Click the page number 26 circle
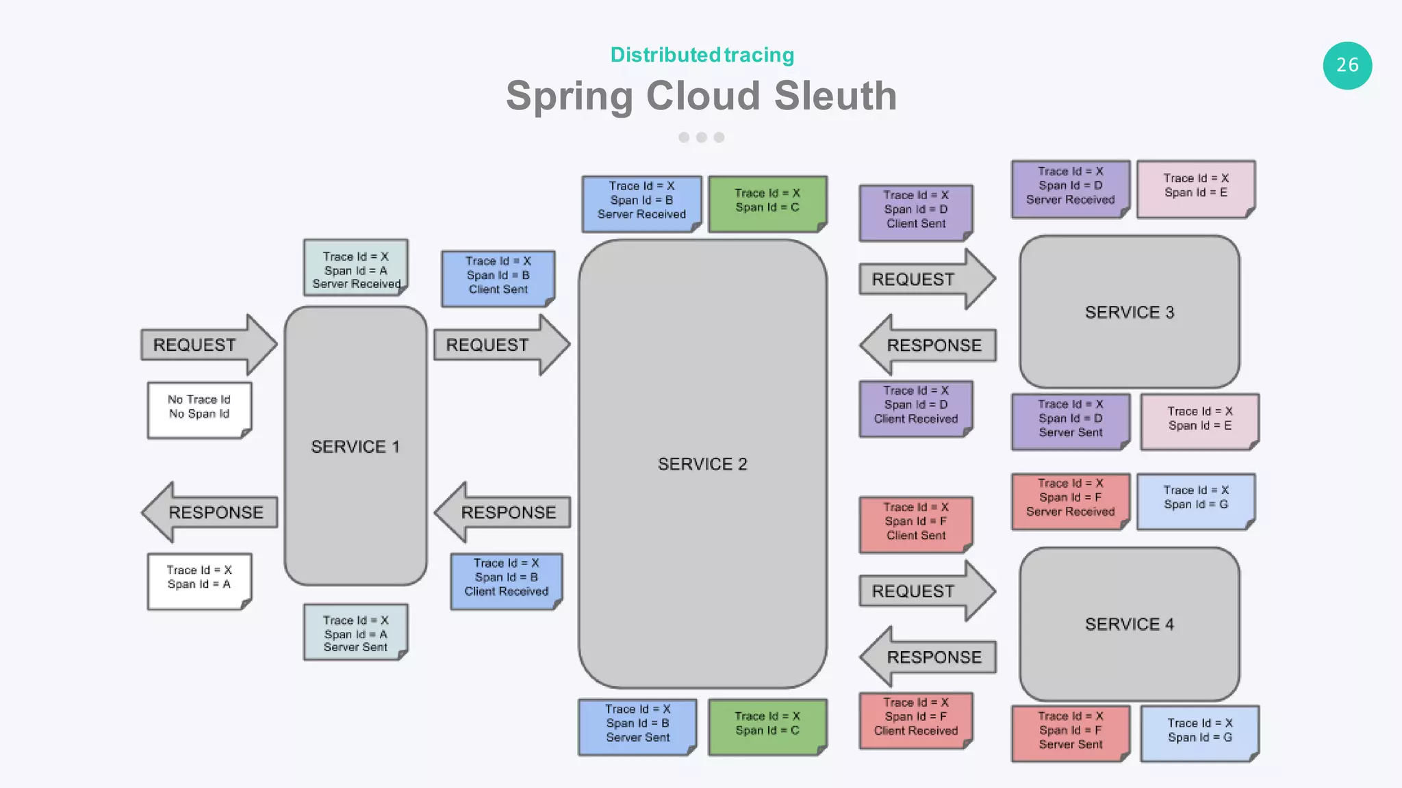pos(1347,66)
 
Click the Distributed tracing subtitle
pos(702,55)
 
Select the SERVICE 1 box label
pos(355,447)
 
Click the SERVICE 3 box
pos(1129,312)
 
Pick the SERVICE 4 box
pos(1129,624)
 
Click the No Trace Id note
pos(199,409)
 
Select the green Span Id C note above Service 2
pos(767,202)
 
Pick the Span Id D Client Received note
pos(915,406)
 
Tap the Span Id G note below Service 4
pos(1199,731)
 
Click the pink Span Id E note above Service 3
pos(1195,187)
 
